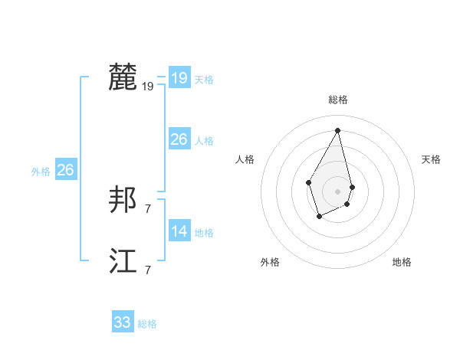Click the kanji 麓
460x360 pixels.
pyautogui.click(x=123, y=77)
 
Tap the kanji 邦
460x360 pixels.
pyautogui.click(x=123, y=201)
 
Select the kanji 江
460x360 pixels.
pyautogui.click(x=123, y=261)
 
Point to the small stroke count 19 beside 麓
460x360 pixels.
pyautogui.click(x=148, y=87)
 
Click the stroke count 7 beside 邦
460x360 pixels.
pyautogui.click(x=148, y=208)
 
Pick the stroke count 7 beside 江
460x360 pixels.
pyautogui.click(x=148, y=270)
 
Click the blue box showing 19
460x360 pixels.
pyautogui.click(x=179, y=78)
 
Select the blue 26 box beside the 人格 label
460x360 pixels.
pyautogui.click(x=179, y=139)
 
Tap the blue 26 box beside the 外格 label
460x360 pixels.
pyautogui.click(x=65, y=170)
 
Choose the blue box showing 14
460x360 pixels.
pyautogui.click(x=179, y=231)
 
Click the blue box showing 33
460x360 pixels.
pyautogui.click(x=123, y=322)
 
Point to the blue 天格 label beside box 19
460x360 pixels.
pyautogui.click(x=204, y=80)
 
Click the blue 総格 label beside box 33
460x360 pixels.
pyautogui.click(x=147, y=324)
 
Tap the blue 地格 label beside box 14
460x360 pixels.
pyautogui.click(x=204, y=233)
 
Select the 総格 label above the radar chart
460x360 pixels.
pyautogui.click(x=338, y=100)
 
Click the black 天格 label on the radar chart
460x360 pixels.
pyautogui.click(x=431, y=159)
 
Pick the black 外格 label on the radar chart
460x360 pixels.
pyautogui.click(x=270, y=262)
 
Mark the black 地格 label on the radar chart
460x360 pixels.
pyautogui.click(x=402, y=262)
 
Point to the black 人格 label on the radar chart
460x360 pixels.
pyautogui.click(x=245, y=159)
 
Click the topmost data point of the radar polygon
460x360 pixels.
pyautogui.click(x=338, y=129)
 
